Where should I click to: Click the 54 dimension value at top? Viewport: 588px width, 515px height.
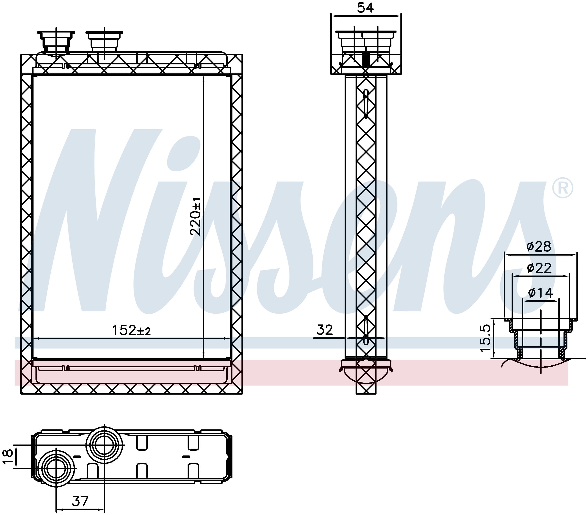pos(365,8)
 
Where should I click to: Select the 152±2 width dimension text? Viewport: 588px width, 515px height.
pos(131,331)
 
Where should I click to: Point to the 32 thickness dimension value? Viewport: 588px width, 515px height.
pos(325,330)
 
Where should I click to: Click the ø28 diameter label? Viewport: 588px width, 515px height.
pos(539,247)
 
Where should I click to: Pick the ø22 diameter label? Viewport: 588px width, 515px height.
pos(539,268)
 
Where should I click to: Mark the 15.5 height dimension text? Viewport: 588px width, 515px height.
pos(485,338)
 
